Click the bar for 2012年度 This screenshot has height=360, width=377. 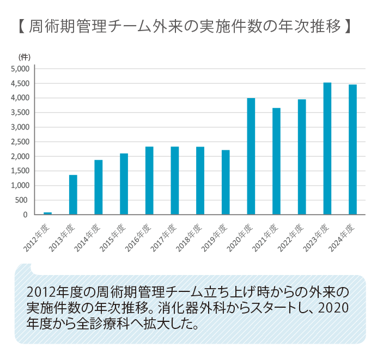tap(47, 213)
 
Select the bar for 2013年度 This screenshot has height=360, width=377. tap(73, 194)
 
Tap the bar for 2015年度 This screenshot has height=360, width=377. tap(124, 184)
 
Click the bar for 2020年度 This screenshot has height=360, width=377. tap(251, 156)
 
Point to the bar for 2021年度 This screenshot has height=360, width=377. tap(276, 161)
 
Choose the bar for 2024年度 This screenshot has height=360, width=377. tap(352, 150)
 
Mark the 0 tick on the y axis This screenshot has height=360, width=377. tap(26, 215)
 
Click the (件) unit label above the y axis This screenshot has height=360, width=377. tap(25, 57)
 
